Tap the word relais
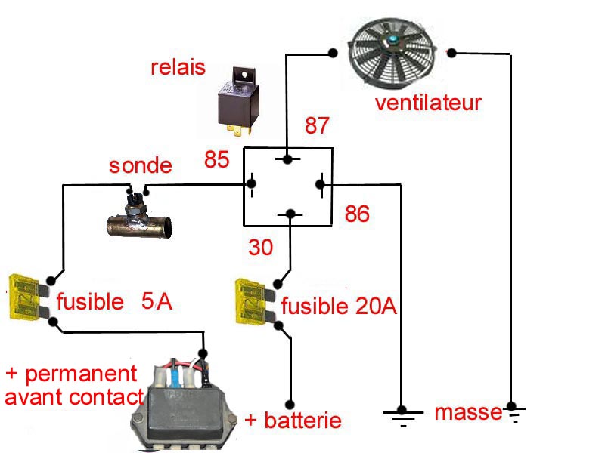[x=178, y=68]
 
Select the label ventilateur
[x=428, y=103]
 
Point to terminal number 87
[x=318, y=126]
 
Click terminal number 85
[x=216, y=160]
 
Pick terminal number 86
[x=357, y=214]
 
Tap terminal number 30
[x=262, y=247]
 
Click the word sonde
[x=140, y=165]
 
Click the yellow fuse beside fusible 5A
[x=25, y=298]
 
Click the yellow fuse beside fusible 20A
[x=253, y=300]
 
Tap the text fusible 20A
[x=339, y=307]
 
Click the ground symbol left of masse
[x=402, y=414]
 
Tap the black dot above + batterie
[x=288, y=403]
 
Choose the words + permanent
[x=72, y=374]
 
